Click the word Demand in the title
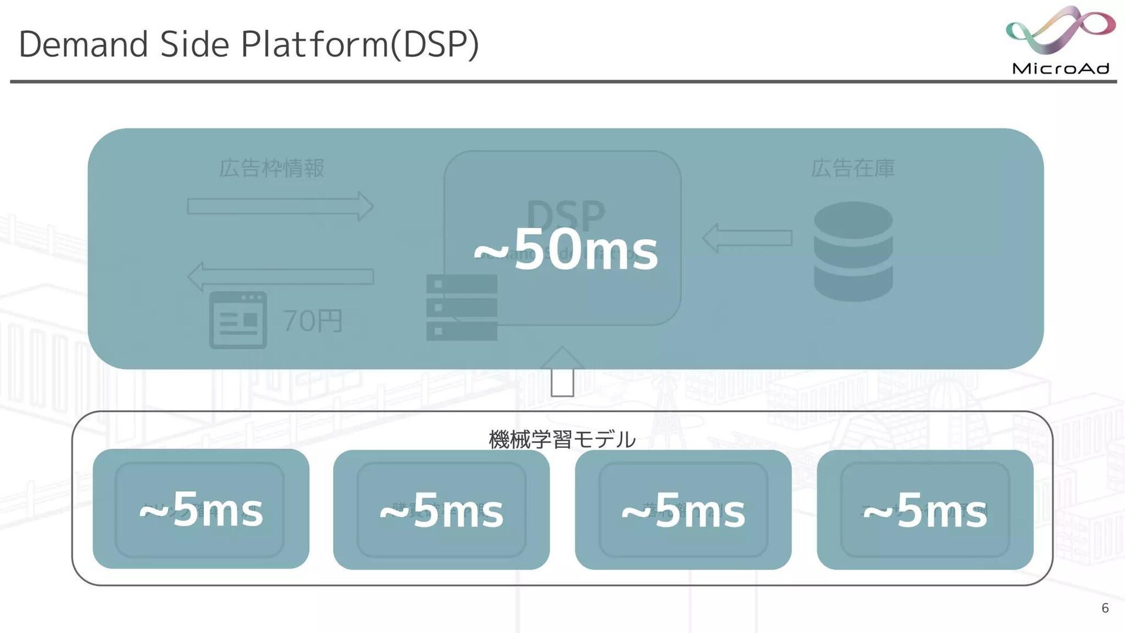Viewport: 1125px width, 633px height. click(x=83, y=45)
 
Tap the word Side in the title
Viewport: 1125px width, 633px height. click(x=194, y=45)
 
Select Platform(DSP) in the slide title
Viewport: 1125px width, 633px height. click(x=360, y=45)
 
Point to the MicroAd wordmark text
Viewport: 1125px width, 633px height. click(x=1061, y=69)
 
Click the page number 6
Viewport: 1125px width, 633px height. click(x=1105, y=608)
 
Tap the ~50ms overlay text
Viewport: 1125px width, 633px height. click(x=566, y=251)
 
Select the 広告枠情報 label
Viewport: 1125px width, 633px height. click(x=271, y=168)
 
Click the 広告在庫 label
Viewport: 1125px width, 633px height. click(x=853, y=168)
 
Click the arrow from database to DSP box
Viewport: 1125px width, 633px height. click(x=747, y=238)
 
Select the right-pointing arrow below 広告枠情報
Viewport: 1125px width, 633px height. click(x=280, y=206)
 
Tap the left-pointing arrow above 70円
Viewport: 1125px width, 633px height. click(x=280, y=276)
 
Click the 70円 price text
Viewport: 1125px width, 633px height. click(x=312, y=321)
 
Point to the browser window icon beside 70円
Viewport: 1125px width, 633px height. click(x=238, y=320)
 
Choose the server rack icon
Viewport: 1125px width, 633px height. click(x=462, y=308)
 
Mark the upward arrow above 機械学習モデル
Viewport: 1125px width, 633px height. click(x=562, y=372)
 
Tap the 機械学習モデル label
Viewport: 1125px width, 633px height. click(x=562, y=439)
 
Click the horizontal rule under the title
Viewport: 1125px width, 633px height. click(x=562, y=81)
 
